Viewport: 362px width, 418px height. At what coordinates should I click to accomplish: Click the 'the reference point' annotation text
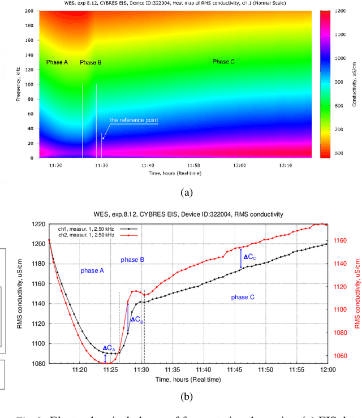pyautogui.click(x=134, y=120)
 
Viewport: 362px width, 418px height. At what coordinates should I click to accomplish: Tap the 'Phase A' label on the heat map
pyautogui.click(x=57, y=62)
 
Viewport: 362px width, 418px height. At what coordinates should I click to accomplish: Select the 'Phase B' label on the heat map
pyautogui.click(x=90, y=62)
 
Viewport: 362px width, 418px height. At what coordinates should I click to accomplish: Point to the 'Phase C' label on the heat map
pyautogui.click(x=223, y=62)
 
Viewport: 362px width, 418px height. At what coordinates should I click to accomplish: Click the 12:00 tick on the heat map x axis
pyautogui.click(x=239, y=166)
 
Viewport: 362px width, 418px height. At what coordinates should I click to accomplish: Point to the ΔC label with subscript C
pyautogui.click(x=249, y=257)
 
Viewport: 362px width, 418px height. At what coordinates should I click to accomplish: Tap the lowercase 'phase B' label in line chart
pyautogui.click(x=133, y=260)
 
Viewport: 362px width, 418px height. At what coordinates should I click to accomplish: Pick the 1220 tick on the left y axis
pyautogui.click(x=36, y=225)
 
